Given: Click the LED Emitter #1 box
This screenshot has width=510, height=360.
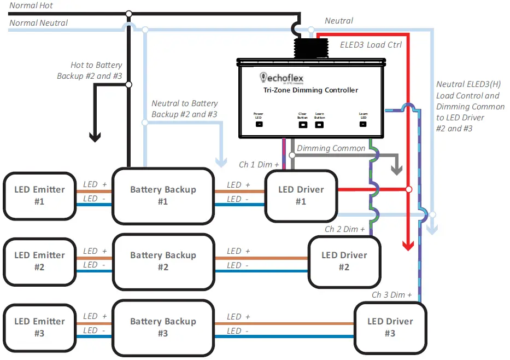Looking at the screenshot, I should tap(39, 195).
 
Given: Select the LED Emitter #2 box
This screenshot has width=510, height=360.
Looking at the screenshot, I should tap(39, 261).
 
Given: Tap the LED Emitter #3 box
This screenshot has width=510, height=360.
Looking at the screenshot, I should tap(39, 327).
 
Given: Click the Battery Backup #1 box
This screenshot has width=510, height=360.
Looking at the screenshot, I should tap(163, 195).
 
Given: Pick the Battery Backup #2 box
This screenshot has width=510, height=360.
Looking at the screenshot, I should tap(163, 261).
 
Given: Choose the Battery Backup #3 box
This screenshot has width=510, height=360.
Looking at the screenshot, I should tap(163, 327).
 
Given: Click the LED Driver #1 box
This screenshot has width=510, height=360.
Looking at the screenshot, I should tap(301, 195).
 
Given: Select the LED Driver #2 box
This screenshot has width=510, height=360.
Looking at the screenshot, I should tap(344, 261).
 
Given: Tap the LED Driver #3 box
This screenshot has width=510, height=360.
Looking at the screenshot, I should tap(390, 327).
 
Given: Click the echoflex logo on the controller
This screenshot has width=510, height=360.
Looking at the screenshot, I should tap(282, 78).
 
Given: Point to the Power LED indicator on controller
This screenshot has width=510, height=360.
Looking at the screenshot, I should tap(259, 124).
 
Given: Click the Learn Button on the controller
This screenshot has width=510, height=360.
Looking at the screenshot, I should tap(320, 124).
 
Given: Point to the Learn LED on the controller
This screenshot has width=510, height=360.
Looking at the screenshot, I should tap(363, 124).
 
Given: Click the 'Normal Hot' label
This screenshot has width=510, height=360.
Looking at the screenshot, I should tap(32, 5).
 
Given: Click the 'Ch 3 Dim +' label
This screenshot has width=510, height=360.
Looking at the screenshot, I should tap(392, 295).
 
